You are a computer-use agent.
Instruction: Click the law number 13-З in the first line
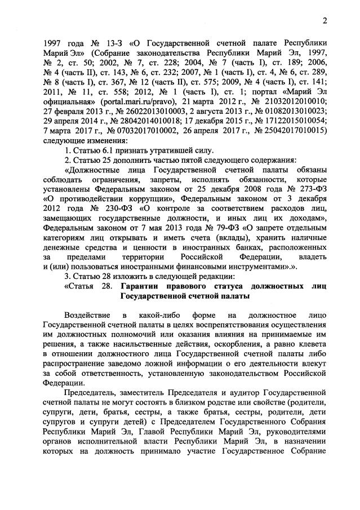tap(105, 42)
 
